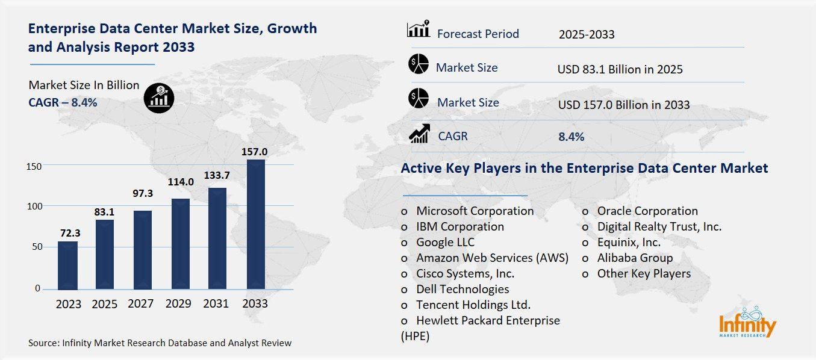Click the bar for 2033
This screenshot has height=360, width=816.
pyautogui.click(x=255, y=224)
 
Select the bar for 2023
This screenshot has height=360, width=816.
pyautogui.click(x=67, y=265)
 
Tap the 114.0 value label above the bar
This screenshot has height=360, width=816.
pyautogui.click(x=181, y=182)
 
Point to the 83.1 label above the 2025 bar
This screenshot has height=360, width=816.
pyautogui.click(x=105, y=212)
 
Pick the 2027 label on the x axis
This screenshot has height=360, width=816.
pyautogui.click(x=141, y=304)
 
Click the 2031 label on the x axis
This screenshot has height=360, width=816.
pyautogui.click(x=216, y=304)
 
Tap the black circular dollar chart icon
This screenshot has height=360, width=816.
pyautogui.click(x=159, y=98)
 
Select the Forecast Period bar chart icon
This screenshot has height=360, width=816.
pyautogui.click(x=419, y=29)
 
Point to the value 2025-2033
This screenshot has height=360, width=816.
pyautogui.click(x=586, y=34)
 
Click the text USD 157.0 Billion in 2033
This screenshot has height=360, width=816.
pyautogui.click(x=624, y=105)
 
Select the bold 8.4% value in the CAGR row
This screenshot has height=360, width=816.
pyautogui.click(x=571, y=137)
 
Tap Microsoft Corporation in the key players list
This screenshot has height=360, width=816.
pyautogui.click(x=475, y=211)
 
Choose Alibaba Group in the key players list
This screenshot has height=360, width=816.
pyautogui.click(x=635, y=258)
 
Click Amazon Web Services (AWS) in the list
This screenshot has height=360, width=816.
pyautogui.click(x=492, y=258)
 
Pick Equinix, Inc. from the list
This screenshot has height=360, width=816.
pyautogui.click(x=628, y=242)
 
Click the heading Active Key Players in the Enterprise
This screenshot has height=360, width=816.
pyautogui.click(x=584, y=168)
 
